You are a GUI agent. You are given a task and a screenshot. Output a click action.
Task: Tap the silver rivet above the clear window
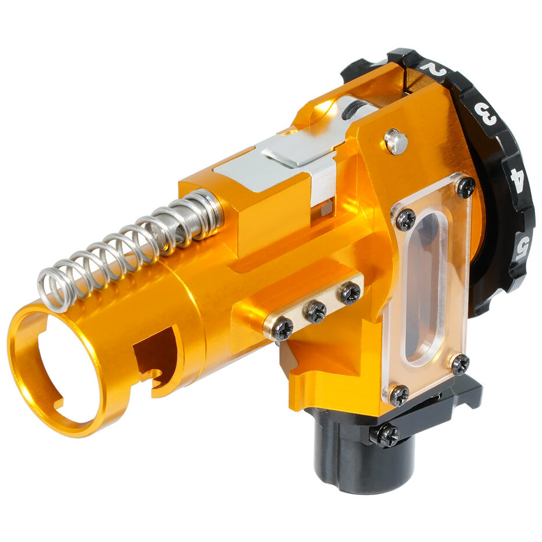coord(396,142)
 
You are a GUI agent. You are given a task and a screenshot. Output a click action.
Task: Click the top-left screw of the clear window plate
coord(406,219)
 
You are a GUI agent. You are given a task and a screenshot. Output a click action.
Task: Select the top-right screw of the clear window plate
coord(465,186)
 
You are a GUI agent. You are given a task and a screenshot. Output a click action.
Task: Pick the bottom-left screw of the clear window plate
coord(399,396)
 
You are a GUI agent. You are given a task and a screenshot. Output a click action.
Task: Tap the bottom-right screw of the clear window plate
coord(460,364)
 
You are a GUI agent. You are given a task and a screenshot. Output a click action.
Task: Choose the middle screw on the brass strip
coord(316,312)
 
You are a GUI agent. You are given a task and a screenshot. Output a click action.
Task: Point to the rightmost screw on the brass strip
coord(350,293)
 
